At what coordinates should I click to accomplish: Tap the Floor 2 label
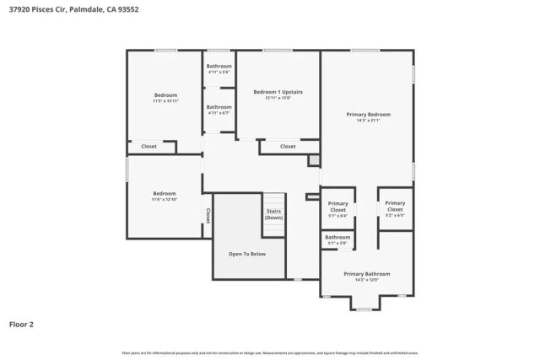pyautogui.click(x=21, y=323)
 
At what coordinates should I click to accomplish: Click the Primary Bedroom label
pyautogui.click(x=368, y=114)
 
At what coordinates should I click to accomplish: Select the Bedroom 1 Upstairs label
pyautogui.click(x=278, y=91)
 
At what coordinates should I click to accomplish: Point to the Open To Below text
pyautogui.click(x=247, y=253)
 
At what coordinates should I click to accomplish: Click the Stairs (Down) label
pyautogui.click(x=274, y=214)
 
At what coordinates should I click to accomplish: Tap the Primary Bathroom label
pyautogui.click(x=367, y=273)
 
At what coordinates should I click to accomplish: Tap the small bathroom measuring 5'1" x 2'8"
pyautogui.click(x=337, y=238)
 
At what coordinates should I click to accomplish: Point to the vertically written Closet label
pyautogui.click(x=208, y=215)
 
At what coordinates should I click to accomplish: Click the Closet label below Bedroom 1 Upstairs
pyautogui.click(x=288, y=147)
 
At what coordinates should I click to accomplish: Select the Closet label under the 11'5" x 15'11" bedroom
pyautogui.click(x=148, y=147)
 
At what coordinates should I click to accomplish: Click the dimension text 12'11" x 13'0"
pyautogui.click(x=278, y=98)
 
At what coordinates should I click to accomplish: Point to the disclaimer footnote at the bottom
pyautogui.click(x=269, y=352)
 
